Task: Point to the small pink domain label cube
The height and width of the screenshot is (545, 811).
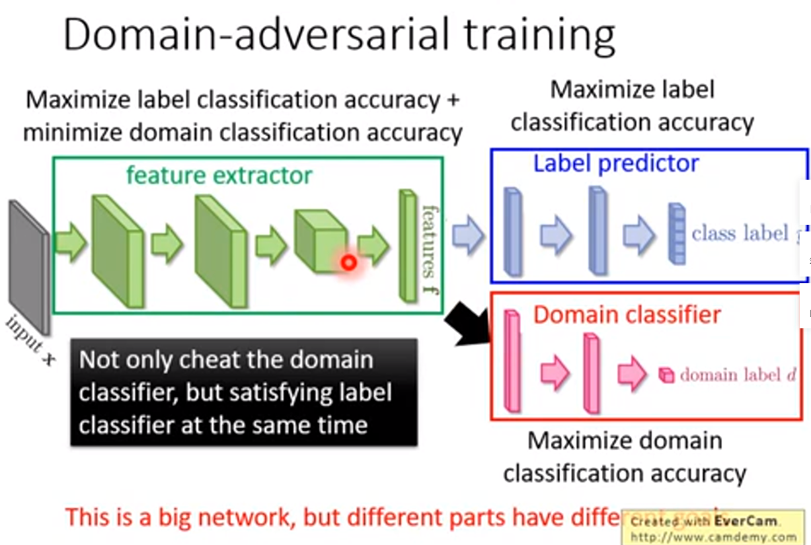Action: point(665,375)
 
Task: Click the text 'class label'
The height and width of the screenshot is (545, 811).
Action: point(740,233)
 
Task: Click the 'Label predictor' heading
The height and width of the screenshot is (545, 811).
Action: point(616,163)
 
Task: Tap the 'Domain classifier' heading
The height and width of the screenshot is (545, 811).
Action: point(627,314)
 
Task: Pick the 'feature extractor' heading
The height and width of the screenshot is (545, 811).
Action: point(219,176)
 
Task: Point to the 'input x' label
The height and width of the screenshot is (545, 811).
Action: point(31,340)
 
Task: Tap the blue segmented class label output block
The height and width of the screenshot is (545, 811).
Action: point(676,233)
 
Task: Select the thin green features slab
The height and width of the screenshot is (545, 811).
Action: point(408,246)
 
